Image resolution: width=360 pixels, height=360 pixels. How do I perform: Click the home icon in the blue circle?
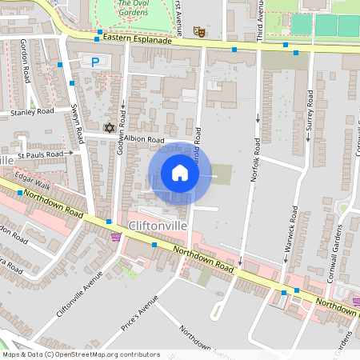click(180, 172)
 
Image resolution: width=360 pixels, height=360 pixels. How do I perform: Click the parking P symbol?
click(95, 62)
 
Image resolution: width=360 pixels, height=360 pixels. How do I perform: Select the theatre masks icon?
click(198, 31)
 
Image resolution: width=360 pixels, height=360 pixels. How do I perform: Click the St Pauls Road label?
click(40, 154)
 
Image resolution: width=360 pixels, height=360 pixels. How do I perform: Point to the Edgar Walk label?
click(32, 182)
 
